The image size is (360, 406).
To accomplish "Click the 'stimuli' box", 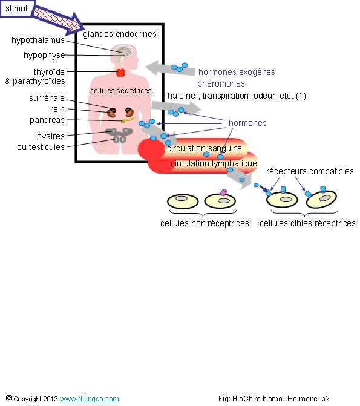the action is [x=17, y=9].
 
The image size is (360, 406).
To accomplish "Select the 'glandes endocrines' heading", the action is [x=120, y=34].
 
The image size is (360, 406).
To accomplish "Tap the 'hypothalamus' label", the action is [x=38, y=40].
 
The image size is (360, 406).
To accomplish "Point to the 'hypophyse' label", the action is [x=44, y=55].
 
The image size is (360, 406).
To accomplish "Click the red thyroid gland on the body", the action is [x=120, y=73].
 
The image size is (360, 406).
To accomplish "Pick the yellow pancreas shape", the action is [x=128, y=120].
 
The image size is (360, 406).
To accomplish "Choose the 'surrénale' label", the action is [x=47, y=98].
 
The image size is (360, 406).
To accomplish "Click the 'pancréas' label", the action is [x=47, y=120].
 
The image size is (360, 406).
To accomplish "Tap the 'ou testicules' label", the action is [x=41, y=147].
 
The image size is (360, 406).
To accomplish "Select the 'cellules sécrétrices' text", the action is [x=120, y=91].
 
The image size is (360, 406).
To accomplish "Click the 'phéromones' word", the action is [x=221, y=83].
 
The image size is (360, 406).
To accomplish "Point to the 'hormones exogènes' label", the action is [x=237, y=72].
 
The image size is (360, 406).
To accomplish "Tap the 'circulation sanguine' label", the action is [x=205, y=148].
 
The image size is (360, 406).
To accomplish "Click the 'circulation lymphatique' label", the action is [x=214, y=163].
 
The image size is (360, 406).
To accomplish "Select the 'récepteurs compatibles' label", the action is [x=310, y=171].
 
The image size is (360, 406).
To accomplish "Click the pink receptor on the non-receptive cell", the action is [x=223, y=192].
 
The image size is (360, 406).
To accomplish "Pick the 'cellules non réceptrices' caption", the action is [x=205, y=223].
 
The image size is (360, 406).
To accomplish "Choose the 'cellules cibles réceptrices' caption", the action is [x=307, y=223].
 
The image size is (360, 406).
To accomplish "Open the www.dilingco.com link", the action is [x=90, y=399].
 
